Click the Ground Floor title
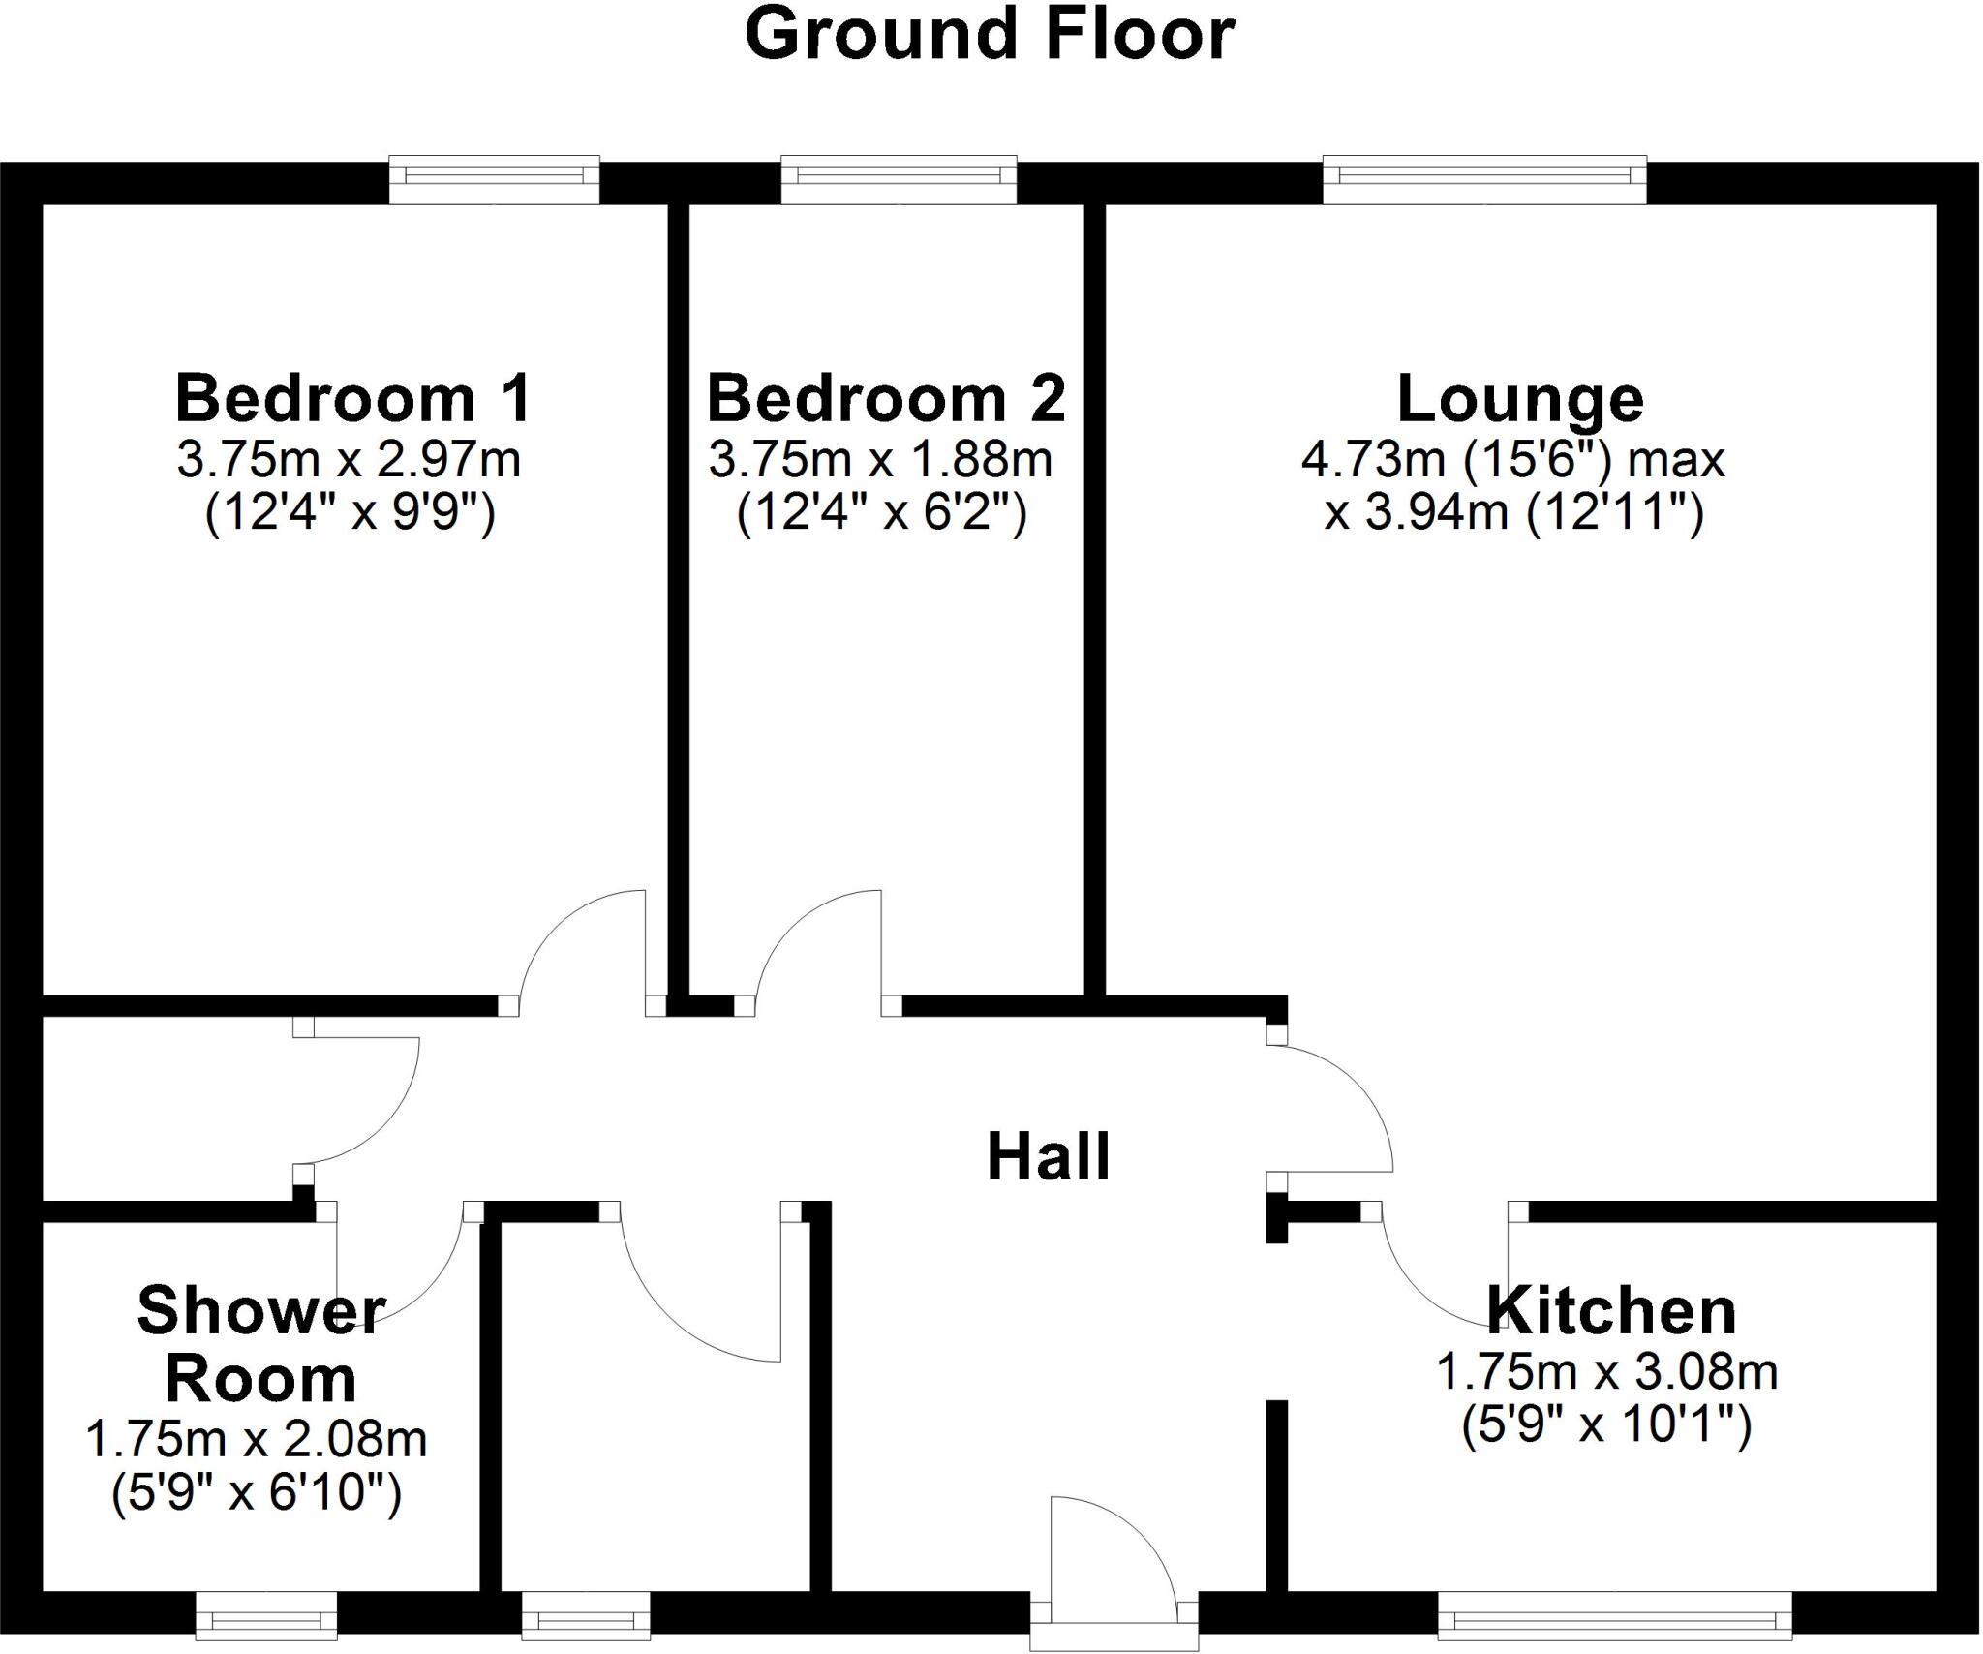click(990, 35)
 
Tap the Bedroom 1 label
click(353, 398)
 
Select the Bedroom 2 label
click(886, 398)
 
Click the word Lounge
click(1520, 398)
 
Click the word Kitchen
click(1611, 1311)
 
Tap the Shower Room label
click(260, 1345)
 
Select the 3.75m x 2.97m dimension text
click(349, 460)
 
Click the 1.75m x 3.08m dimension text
click(1606, 1372)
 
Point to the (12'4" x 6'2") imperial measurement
click(881, 512)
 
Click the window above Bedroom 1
click(494, 179)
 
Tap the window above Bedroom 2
click(899, 179)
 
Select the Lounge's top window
click(1484, 179)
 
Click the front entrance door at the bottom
click(1114, 1569)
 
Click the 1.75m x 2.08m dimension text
click(257, 1440)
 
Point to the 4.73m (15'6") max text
click(1512, 460)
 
